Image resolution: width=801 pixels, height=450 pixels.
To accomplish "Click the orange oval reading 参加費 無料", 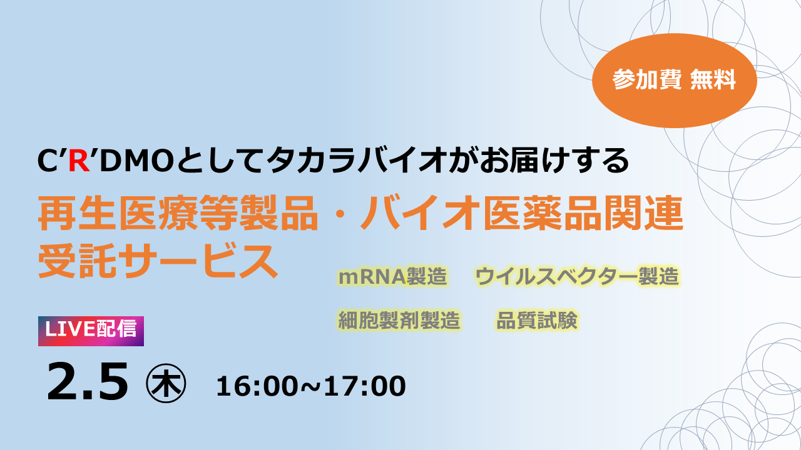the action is coord(675,81).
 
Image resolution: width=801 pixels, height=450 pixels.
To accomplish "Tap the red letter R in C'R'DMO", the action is coord(79,161).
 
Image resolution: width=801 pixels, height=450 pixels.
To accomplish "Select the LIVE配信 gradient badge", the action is coord(91,331).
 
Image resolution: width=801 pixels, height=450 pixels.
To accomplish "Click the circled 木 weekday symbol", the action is coord(166,383).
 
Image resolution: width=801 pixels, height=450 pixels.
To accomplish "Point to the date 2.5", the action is coord(87,382).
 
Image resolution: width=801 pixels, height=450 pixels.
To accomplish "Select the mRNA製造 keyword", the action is coord(392,276).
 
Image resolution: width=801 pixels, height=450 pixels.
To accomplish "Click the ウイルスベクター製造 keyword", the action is coord(577,276).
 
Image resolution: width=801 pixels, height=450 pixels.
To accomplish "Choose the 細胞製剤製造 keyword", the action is coord(399,320).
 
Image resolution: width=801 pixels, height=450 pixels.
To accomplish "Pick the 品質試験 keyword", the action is coord(537,320).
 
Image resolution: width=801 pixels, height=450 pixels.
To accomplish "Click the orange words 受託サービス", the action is coord(158,261).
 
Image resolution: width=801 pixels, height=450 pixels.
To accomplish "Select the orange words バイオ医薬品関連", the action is coord(523,214).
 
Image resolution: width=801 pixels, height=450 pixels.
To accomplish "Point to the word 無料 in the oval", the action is coord(713,79).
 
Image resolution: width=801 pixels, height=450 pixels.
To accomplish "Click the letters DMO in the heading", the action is coord(137,161).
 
